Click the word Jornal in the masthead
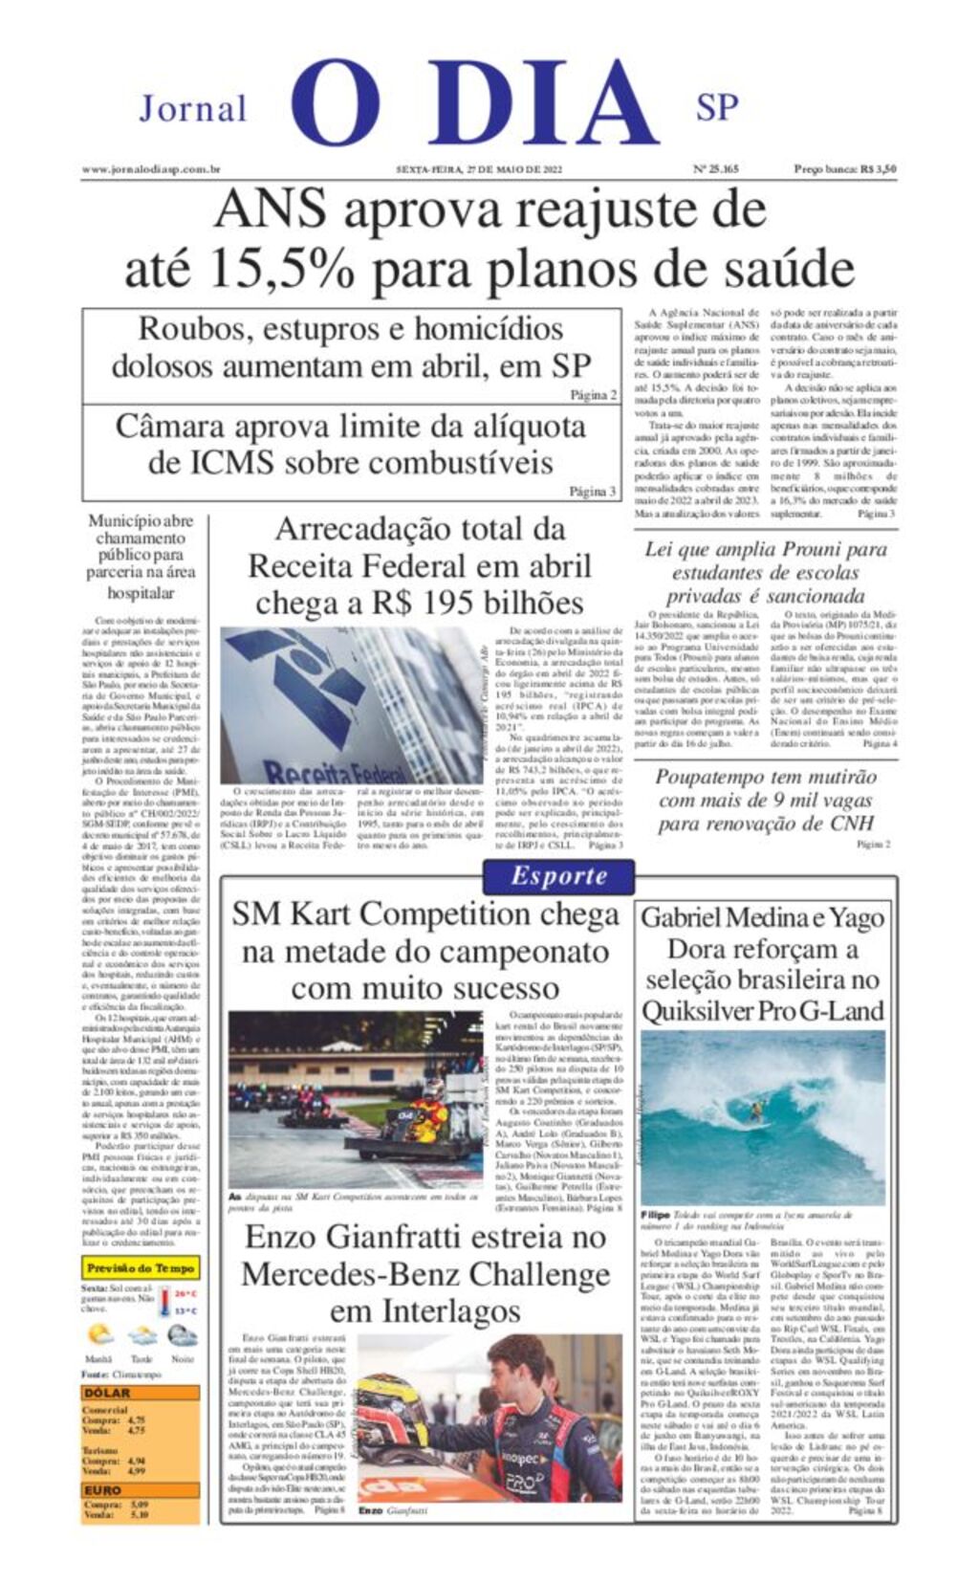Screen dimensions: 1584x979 pyautogui.click(x=193, y=108)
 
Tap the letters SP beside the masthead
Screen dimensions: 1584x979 pyautogui.click(x=717, y=107)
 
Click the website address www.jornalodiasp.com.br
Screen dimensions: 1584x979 pyautogui.click(x=151, y=169)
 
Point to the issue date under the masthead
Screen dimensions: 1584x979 pyautogui.click(x=479, y=169)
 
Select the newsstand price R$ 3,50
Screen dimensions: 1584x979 pyautogui.click(x=845, y=169)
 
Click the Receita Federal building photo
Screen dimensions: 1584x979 pyautogui.click(x=351, y=705)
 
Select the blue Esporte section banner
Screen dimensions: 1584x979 pyautogui.click(x=558, y=875)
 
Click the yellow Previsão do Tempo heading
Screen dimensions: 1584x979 pyautogui.click(x=141, y=1268)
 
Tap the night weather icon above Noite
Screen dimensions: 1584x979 pyautogui.click(x=182, y=1335)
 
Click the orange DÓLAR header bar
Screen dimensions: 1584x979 pyautogui.click(x=141, y=1393)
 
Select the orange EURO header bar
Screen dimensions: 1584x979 pyautogui.click(x=141, y=1490)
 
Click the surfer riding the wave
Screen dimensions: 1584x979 pyautogui.click(x=756, y=1111)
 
